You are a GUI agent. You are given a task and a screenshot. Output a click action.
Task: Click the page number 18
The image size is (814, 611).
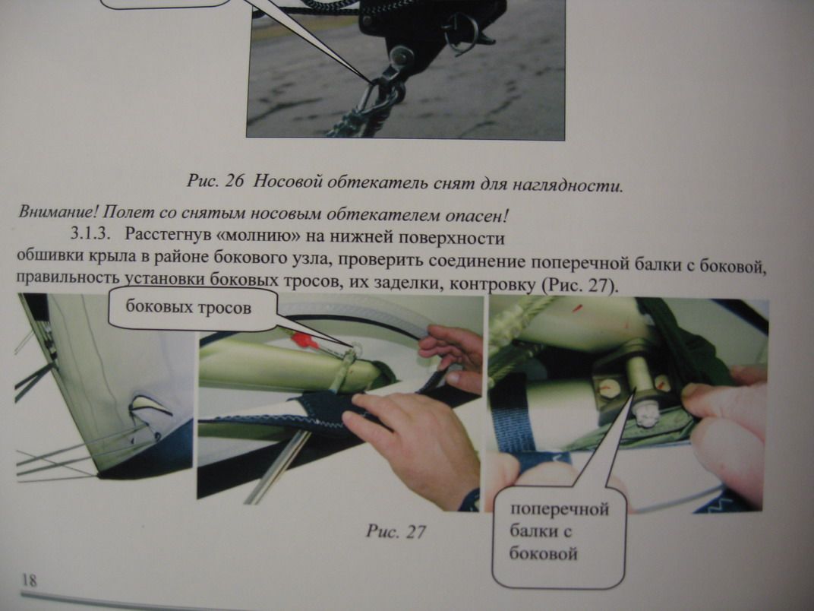point(29,579)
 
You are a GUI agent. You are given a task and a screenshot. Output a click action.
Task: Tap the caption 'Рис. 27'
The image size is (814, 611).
point(396,531)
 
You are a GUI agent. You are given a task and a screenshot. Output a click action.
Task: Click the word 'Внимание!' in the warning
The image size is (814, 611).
point(58,212)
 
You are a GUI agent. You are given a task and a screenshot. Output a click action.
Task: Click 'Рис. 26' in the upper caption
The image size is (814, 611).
point(214,182)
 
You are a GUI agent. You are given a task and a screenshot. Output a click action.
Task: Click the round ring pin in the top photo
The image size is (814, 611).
point(460,32)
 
